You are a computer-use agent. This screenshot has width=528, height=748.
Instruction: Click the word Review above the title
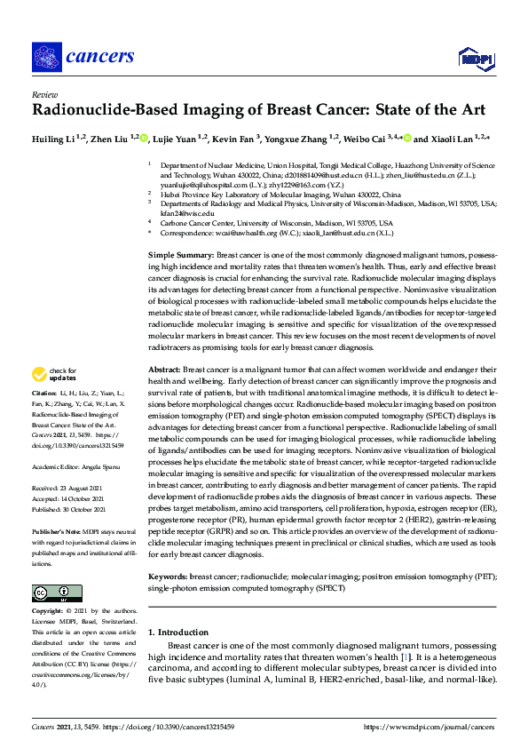[x=43, y=93]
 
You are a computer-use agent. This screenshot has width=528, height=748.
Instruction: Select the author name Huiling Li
[x=59, y=139]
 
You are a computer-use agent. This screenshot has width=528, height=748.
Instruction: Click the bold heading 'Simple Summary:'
[x=182, y=254]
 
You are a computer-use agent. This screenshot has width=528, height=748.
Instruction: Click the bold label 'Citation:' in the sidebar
[x=43, y=418]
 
